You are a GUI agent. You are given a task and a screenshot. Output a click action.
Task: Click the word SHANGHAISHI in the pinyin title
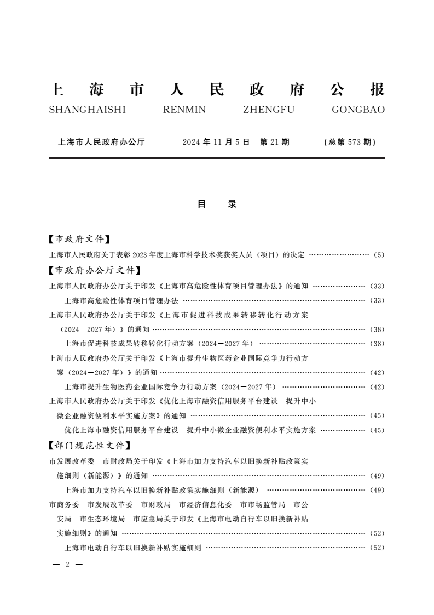(87, 110)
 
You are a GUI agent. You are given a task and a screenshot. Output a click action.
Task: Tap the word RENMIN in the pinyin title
(184, 110)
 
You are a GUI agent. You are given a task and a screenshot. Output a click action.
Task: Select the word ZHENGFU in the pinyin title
(268, 110)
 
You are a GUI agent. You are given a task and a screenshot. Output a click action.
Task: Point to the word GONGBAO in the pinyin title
(358, 110)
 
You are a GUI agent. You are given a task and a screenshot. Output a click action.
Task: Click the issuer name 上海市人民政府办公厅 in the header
(101, 142)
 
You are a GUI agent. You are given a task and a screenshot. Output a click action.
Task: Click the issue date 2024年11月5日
(216, 142)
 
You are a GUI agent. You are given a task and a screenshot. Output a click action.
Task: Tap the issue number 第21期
(275, 142)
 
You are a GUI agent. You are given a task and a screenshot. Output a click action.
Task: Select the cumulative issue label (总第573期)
(350, 142)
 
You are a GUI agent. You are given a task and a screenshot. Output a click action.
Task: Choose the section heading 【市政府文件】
(79, 239)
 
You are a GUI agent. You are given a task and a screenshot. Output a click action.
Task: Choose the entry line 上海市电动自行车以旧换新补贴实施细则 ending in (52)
(133, 548)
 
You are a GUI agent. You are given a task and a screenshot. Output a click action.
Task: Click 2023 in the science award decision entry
(141, 255)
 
